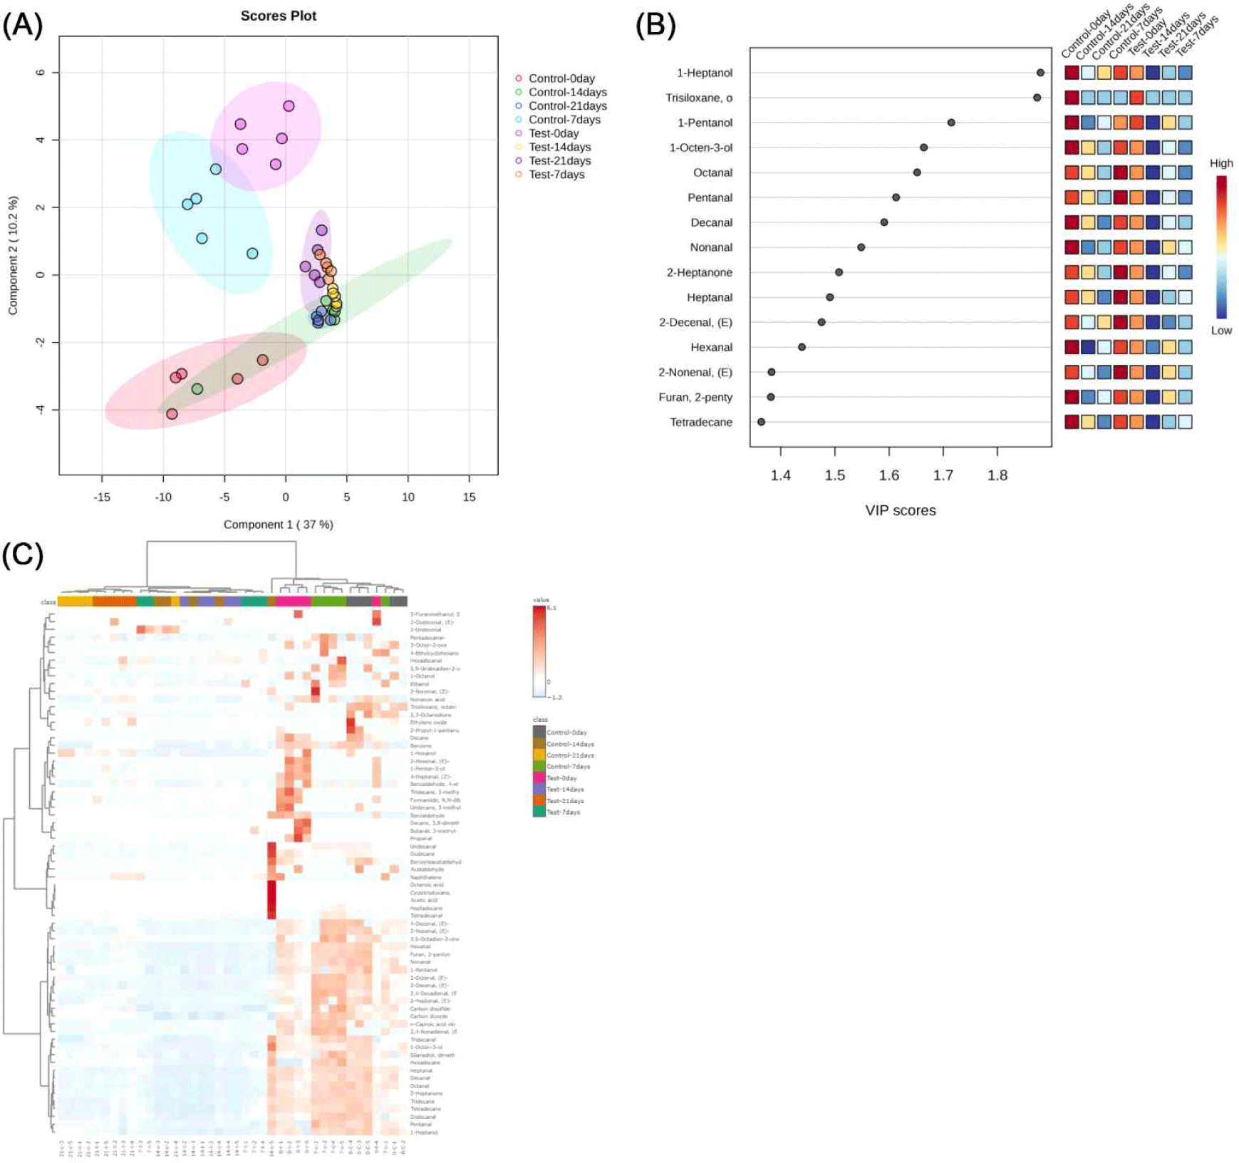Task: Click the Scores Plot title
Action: click(x=278, y=16)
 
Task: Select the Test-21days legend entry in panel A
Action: click(x=559, y=161)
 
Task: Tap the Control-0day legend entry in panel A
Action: click(x=561, y=78)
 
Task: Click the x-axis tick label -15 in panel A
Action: click(x=102, y=497)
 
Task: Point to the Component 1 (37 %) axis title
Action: click(x=278, y=524)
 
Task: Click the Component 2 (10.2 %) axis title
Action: click(x=13, y=255)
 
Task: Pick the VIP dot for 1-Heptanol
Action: click(x=1040, y=73)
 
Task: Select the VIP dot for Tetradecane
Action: click(x=761, y=422)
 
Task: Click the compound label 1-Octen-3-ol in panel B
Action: click(x=700, y=148)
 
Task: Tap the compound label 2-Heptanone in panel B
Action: click(x=699, y=272)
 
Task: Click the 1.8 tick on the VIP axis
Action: click(x=997, y=475)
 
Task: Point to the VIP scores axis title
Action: click(x=901, y=510)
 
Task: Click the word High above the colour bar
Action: click(x=1221, y=163)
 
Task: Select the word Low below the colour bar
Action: click(x=1221, y=331)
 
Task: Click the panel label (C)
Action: click(x=23, y=554)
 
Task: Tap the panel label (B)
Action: click(x=655, y=25)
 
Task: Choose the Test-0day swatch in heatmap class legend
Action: click(x=539, y=778)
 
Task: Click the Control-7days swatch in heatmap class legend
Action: click(x=539, y=767)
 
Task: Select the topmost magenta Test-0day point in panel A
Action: click(x=289, y=106)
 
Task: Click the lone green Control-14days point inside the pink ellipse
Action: click(x=197, y=389)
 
